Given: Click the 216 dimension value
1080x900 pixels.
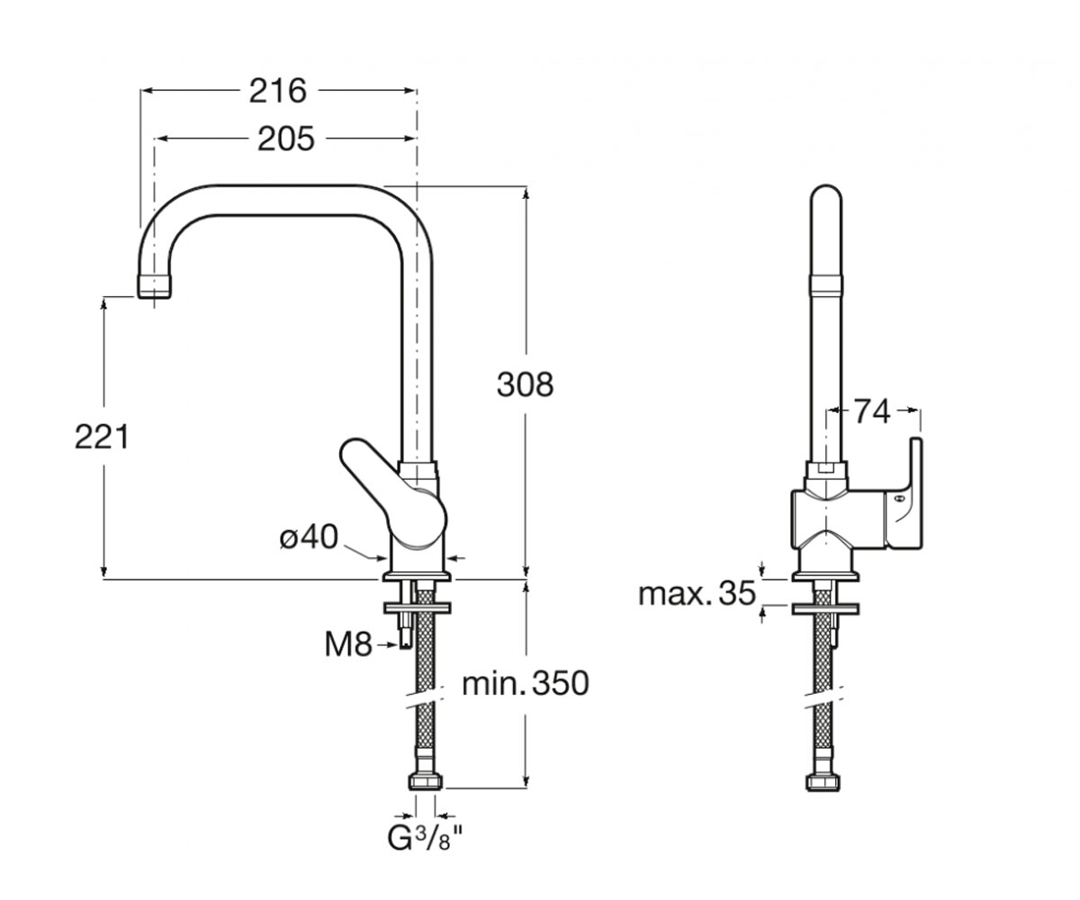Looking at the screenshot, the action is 278,91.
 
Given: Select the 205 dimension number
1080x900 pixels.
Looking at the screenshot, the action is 286,139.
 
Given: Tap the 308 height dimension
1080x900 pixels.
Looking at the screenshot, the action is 525,385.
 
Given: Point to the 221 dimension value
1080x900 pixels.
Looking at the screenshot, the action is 102,436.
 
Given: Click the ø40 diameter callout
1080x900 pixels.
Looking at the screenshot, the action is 309,537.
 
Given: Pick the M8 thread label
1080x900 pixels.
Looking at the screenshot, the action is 348,645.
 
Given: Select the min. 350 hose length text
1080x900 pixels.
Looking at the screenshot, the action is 526,683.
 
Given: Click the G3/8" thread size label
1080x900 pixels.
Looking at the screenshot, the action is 425,839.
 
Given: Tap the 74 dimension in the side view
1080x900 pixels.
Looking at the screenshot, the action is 872,411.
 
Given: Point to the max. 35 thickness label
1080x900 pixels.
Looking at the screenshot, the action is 697,594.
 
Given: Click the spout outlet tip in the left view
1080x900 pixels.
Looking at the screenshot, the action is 154,286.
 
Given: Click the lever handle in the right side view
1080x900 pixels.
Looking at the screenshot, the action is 904,494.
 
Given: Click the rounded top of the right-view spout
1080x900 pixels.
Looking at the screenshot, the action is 826,194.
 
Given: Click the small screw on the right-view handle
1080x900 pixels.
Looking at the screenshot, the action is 898,499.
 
